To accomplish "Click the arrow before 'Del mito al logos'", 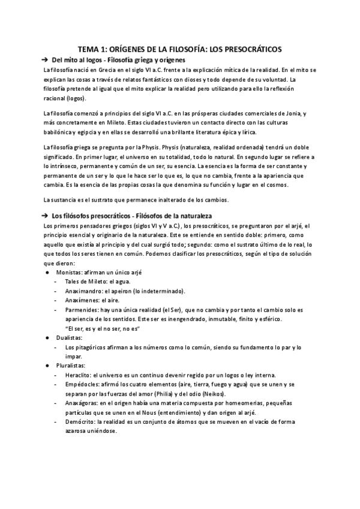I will (44, 61).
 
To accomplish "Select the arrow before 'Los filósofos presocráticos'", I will (44, 215).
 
